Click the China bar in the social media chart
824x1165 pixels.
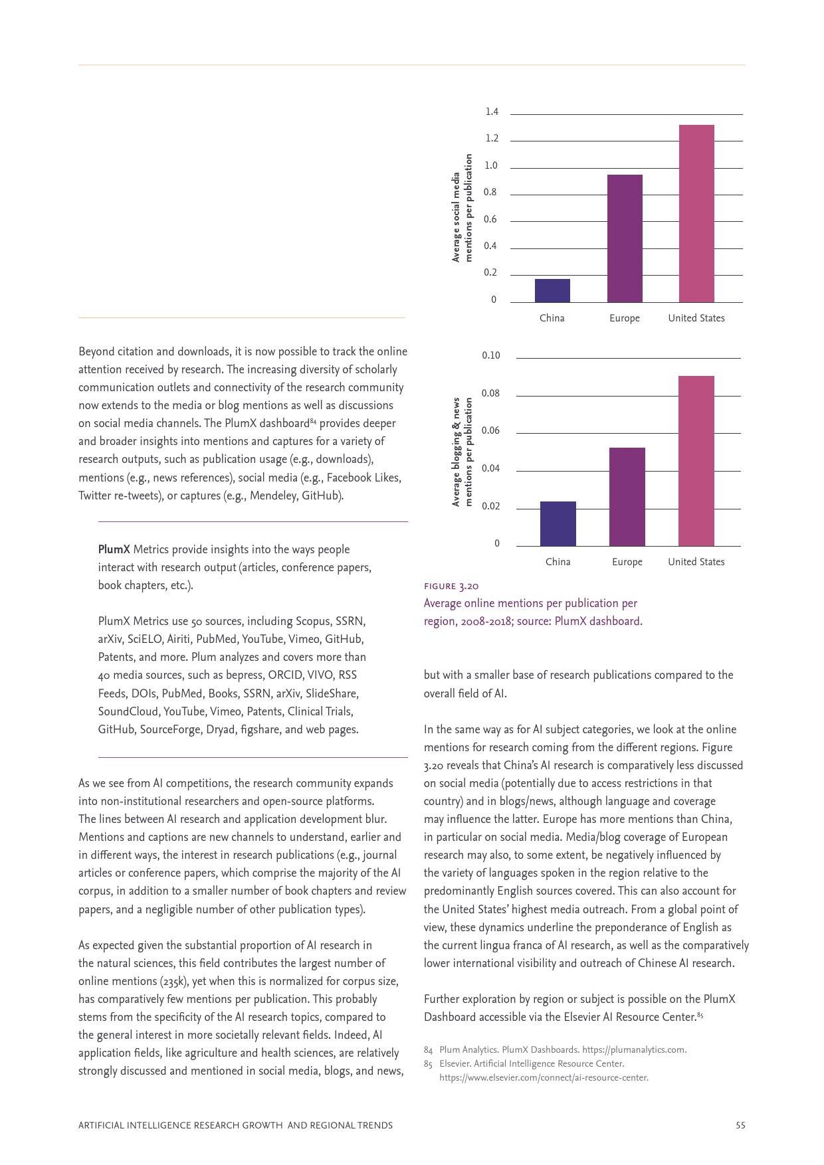tap(552, 291)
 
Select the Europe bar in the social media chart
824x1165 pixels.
tap(625, 238)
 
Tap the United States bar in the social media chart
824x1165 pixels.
tap(696, 214)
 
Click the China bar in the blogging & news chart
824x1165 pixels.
tap(558, 524)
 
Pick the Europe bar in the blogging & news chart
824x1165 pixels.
tap(627, 497)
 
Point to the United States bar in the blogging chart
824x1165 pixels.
tap(696, 461)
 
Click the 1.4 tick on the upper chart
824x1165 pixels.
tap(492, 112)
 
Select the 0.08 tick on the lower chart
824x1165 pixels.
tap(490, 393)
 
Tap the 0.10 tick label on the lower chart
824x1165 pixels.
tap(490, 355)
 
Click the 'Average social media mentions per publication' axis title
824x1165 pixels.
tap(462, 209)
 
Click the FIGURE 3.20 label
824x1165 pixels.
tap(451, 586)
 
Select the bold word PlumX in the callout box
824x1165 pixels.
tap(114, 549)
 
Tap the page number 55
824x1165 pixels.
tap(740, 1125)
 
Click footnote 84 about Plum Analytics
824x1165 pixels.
tap(562, 1049)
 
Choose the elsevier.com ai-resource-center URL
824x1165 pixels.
tap(543, 1077)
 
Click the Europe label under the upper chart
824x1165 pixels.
tap(625, 318)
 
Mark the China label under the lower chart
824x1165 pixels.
tap(558, 562)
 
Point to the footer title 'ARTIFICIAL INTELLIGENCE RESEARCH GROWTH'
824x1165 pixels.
tap(235, 1125)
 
